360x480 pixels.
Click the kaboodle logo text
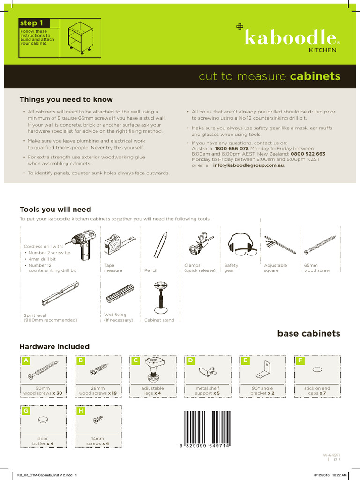[x=291, y=38]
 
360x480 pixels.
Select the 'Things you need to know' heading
[x=66, y=99]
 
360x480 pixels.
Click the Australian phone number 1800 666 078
[x=232, y=148]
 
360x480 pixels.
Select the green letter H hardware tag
[x=81, y=411]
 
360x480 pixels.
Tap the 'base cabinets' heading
[x=308, y=334]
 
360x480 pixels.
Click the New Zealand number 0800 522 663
[x=307, y=154]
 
